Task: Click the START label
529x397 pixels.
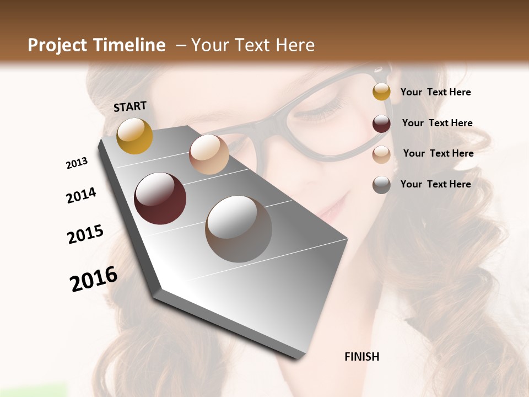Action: tap(130, 106)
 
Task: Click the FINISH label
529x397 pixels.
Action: tap(361, 357)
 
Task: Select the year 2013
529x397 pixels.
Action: tap(77, 163)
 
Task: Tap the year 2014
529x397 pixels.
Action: tap(81, 195)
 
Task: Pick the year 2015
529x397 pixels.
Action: tap(85, 234)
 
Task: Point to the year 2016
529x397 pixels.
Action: tap(94, 279)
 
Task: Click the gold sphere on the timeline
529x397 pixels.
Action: tap(134, 136)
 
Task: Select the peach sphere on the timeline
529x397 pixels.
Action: tap(209, 154)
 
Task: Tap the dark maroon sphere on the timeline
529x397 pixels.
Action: tap(160, 198)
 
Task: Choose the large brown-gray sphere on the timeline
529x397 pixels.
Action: tap(239, 229)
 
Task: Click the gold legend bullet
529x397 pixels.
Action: tap(381, 92)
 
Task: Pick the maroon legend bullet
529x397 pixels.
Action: tap(381, 124)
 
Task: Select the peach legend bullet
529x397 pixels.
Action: tap(381, 154)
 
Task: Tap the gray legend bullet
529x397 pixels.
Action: tap(381, 185)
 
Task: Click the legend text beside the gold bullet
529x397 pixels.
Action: tap(435, 92)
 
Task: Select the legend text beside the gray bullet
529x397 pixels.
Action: tap(435, 184)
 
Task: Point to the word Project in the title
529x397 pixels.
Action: tap(58, 45)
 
